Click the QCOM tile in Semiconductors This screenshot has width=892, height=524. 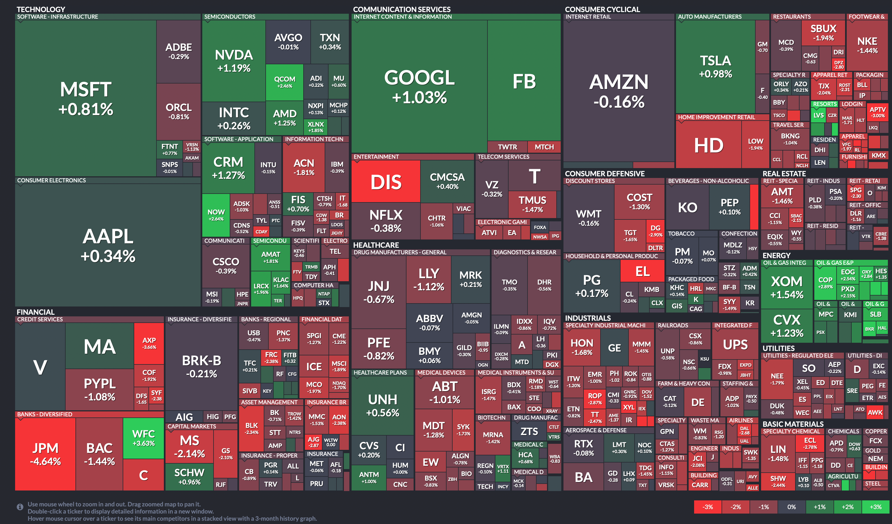tap(284, 82)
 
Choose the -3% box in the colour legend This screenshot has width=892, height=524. tap(708, 507)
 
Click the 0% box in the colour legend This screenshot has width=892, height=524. tap(792, 507)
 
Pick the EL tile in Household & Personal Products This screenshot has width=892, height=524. tap(642, 271)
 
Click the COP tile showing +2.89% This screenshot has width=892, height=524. tap(825, 282)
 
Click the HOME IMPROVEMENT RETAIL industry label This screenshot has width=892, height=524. tap(716, 117)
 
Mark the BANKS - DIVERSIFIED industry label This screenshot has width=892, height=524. tap(44, 414)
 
